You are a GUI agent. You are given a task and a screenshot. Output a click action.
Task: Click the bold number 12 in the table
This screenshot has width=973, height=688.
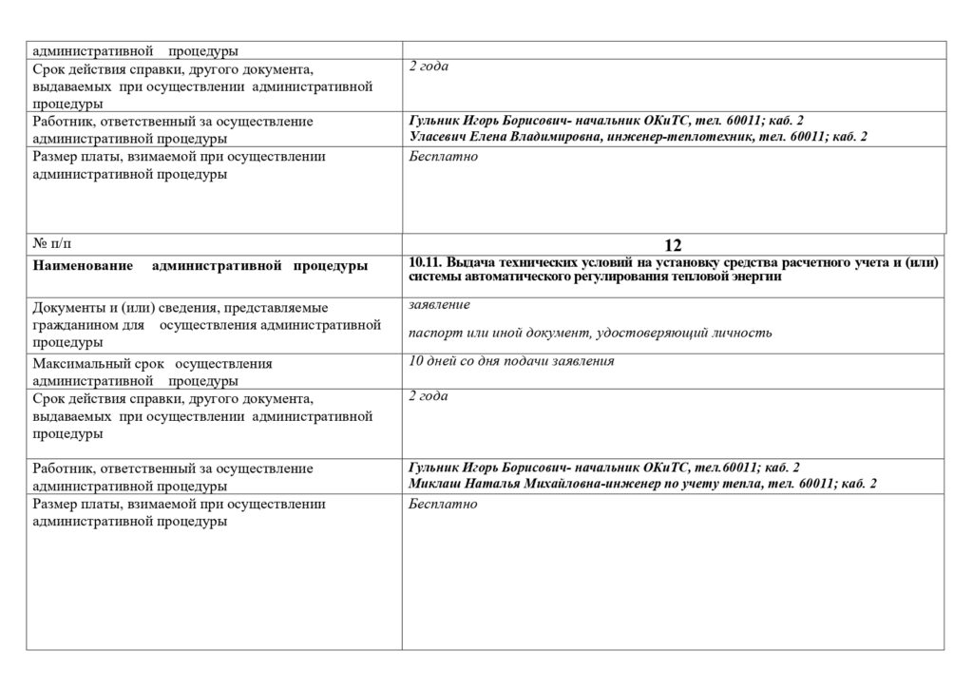click(x=673, y=245)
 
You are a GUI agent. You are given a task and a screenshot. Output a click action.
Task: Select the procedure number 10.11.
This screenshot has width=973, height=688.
click(x=425, y=262)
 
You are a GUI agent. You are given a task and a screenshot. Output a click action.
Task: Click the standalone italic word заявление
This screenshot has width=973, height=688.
click(x=439, y=304)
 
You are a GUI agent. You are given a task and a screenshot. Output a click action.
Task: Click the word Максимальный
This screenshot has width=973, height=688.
click(x=78, y=364)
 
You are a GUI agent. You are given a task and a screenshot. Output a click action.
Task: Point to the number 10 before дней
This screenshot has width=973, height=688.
click(x=416, y=361)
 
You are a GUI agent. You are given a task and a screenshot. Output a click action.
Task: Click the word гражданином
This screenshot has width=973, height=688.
click(x=78, y=325)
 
